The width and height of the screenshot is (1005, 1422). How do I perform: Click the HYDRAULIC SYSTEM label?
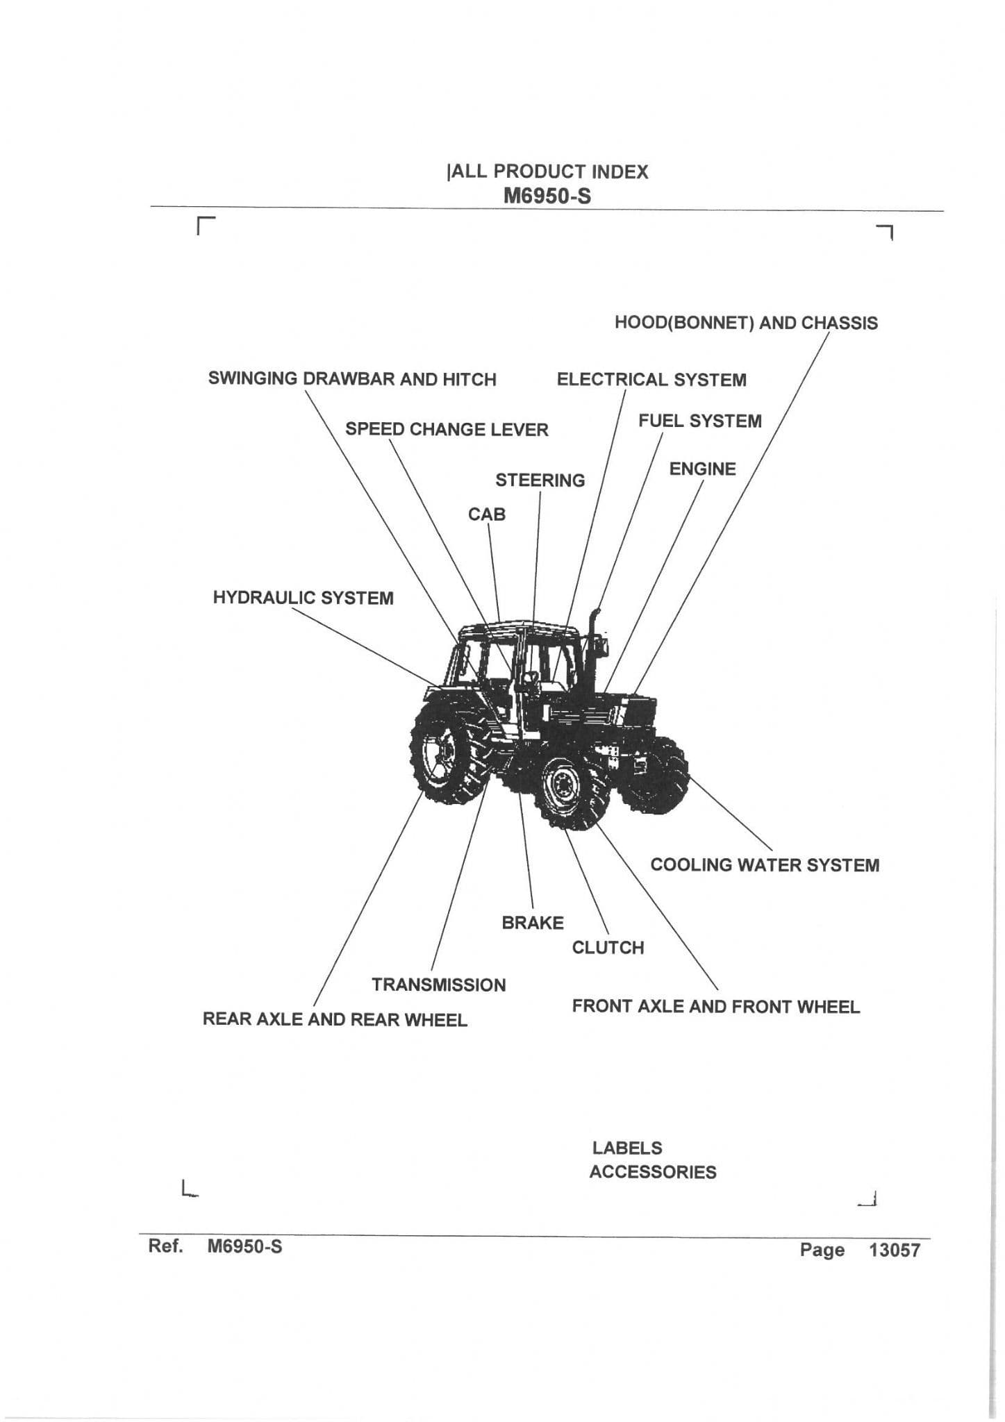point(303,598)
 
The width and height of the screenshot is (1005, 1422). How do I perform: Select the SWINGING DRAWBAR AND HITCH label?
point(352,379)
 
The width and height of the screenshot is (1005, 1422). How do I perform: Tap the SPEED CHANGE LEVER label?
point(447,429)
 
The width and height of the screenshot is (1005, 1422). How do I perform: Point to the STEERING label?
point(540,480)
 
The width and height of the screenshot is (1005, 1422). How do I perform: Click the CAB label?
point(486,515)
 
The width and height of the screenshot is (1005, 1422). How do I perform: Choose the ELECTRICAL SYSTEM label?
point(651,380)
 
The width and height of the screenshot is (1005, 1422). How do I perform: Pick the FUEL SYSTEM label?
point(699,421)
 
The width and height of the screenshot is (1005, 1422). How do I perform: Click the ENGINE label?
point(702,469)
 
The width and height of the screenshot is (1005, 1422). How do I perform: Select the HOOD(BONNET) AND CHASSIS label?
point(746,323)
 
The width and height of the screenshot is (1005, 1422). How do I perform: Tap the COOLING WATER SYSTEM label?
point(765,865)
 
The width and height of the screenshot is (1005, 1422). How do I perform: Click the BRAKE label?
point(533,923)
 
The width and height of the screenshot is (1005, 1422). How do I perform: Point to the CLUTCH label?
point(608,948)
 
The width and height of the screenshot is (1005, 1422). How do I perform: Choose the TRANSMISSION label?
point(439,985)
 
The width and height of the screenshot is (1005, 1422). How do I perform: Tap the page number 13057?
point(895,1250)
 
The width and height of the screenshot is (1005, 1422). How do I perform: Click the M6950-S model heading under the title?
point(547,196)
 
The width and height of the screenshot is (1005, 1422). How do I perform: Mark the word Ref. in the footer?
point(165,1246)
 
